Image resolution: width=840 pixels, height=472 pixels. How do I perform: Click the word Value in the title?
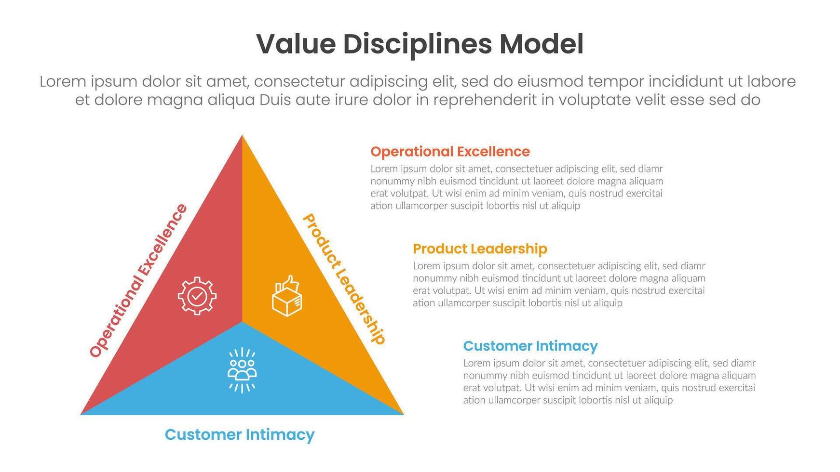296,44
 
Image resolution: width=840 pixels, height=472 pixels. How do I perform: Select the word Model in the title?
542,44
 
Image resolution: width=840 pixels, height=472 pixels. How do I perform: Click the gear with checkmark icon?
197,296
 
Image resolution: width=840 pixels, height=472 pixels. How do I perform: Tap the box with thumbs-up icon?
287,296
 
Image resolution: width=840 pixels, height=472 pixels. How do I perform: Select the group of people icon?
242,370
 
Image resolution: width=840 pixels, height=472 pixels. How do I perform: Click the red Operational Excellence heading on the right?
450,152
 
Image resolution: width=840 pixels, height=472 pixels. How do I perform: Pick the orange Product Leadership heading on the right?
480,249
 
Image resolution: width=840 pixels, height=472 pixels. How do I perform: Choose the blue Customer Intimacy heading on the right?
530,346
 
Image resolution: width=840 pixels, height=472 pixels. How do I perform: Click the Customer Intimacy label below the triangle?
240,435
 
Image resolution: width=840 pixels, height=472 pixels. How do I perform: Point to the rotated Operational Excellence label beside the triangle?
138,280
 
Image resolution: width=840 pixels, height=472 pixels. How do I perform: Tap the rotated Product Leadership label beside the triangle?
344,279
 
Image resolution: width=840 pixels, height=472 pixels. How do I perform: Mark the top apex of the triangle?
242,135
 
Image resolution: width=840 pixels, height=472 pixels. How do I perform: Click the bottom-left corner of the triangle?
81,414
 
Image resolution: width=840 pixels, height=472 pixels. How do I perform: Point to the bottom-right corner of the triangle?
404,414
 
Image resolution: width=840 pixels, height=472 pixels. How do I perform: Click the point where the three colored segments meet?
242,321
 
